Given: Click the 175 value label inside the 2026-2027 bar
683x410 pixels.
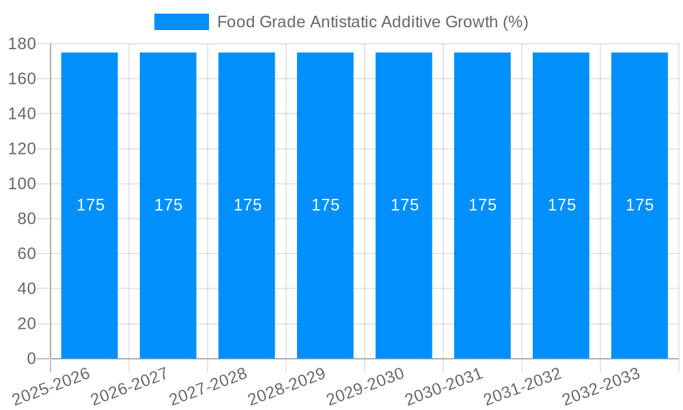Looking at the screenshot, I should point(168,205).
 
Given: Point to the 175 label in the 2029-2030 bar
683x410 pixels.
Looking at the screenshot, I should point(404,205).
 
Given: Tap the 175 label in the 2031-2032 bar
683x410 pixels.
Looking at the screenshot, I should point(561,205).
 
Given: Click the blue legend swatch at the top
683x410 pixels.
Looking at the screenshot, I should point(182,22).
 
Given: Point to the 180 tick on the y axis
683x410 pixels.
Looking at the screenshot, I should point(22,44).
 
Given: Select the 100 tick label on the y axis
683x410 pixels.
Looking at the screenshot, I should point(22,184).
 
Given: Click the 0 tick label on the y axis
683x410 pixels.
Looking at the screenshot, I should point(31,359).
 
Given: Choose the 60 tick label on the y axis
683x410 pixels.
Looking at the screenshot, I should point(26,254).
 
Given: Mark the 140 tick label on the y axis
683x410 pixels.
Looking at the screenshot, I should point(22,113).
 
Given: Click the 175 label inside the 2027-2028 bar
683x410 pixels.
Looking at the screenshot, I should point(247,205).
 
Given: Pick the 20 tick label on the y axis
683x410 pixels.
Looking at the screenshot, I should point(26,324).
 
